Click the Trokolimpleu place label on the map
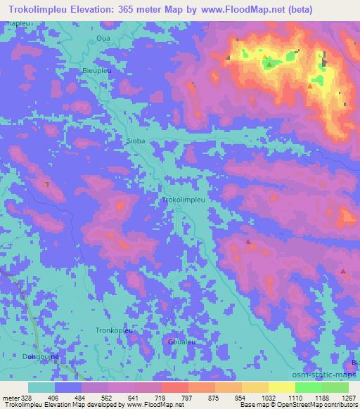pos(184,200)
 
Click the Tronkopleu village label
pos(95,330)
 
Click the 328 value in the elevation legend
pos(28,397)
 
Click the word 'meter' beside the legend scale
pos(10,397)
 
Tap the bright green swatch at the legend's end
pos(335,387)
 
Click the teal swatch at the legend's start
pos(41,387)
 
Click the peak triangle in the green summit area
pos(269,65)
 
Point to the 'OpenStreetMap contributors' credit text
pos(315,405)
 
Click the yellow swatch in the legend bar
pos(281,387)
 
